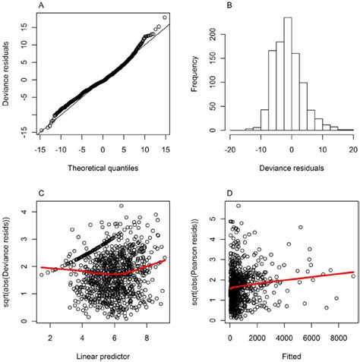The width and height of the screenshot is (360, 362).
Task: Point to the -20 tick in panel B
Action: click(x=228, y=150)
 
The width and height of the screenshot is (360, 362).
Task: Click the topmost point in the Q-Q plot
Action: click(x=164, y=17)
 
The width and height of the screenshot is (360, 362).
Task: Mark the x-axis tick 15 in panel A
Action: click(x=163, y=150)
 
